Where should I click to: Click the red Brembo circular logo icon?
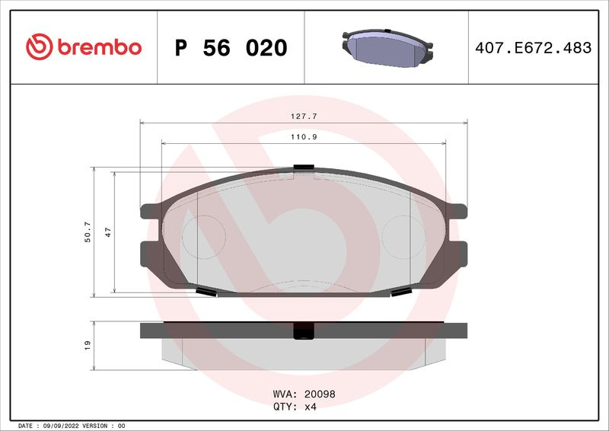[x=40, y=46]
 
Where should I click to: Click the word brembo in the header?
[x=100, y=47]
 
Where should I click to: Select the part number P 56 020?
[x=231, y=48]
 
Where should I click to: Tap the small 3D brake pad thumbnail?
[x=387, y=48]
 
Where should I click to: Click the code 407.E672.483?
[x=534, y=48]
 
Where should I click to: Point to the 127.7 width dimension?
[x=304, y=117]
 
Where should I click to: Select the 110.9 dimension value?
[x=304, y=137]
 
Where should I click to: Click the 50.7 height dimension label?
[x=88, y=232]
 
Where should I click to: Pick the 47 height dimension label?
[x=108, y=232]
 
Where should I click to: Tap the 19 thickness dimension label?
[x=88, y=345]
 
